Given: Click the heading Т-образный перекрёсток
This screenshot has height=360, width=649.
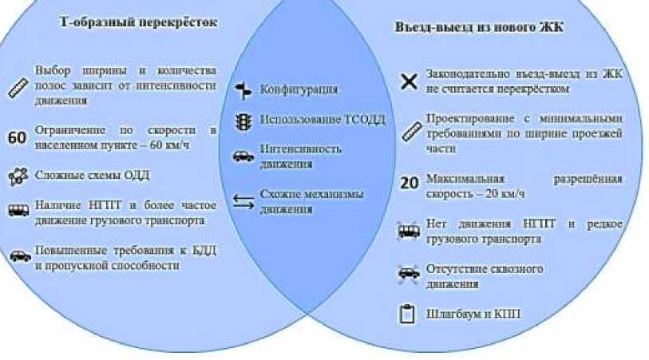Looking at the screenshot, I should point(138,22).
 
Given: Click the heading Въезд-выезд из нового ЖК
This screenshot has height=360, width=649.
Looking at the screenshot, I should point(479,27).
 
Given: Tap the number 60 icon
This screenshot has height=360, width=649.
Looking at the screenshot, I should point(17,137).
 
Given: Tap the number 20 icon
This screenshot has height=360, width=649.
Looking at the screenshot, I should point(409,183).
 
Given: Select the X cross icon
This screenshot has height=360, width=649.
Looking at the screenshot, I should point(409,81).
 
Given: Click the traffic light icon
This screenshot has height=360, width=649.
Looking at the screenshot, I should point(243,121).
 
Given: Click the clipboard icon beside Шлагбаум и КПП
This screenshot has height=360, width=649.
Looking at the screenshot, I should point(408,314).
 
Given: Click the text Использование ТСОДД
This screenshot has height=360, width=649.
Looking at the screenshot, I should point(323,121).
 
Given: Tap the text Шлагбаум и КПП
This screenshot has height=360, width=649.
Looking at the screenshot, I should point(473,314).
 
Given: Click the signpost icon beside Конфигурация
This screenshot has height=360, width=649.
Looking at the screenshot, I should point(243,89).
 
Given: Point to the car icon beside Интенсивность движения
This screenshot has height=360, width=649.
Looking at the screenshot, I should point(243,156).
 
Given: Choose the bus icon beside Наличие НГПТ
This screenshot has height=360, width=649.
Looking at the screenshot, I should point(18,212).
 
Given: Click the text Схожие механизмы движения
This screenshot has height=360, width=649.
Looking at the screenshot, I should point(311,202).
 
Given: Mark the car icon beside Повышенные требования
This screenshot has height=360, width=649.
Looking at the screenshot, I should point(18,257).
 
